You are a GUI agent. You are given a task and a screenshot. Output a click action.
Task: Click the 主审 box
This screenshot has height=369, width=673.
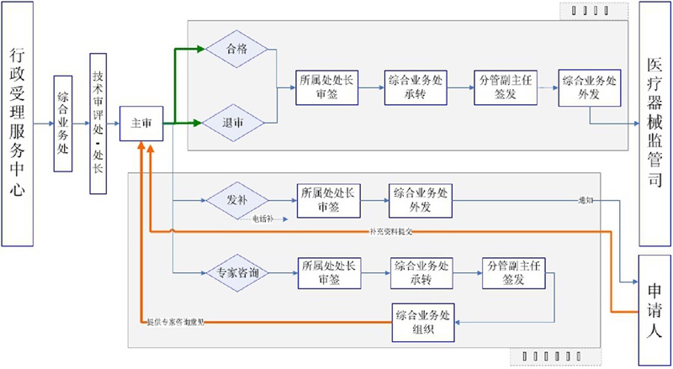click(x=141, y=124)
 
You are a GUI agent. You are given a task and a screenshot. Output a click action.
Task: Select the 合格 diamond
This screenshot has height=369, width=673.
click(x=237, y=50)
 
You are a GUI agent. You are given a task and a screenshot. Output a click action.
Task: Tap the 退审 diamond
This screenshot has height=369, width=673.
click(x=236, y=123)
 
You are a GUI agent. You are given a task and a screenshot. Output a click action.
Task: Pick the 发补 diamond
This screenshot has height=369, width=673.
click(x=237, y=201)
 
